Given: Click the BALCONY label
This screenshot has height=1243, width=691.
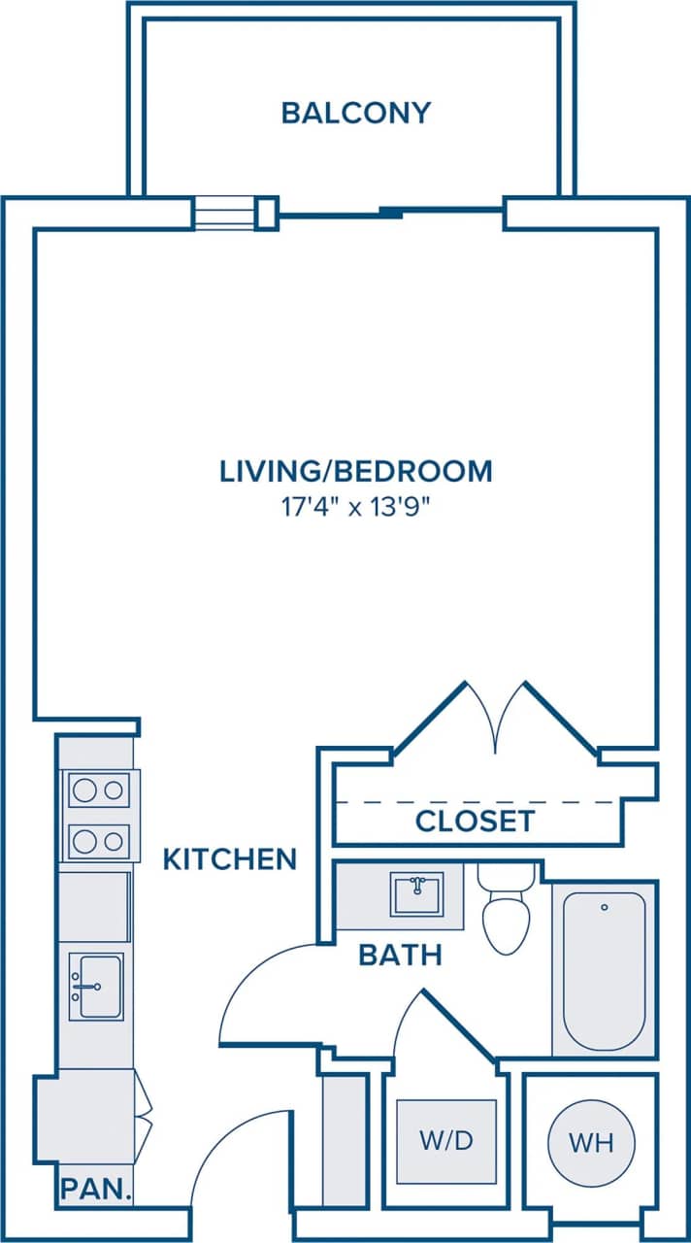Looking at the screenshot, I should pyautogui.click(x=355, y=113).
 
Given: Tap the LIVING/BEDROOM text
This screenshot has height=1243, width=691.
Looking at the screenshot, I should pyautogui.click(x=356, y=471).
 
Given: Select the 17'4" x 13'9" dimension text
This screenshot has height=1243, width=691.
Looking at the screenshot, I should pyautogui.click(x=356, y=508).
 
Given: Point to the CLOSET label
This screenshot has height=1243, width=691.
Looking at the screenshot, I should pyautogui.click(x=475, y=822).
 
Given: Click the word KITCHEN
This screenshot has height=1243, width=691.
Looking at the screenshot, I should pyautogui.click(x=229, y=859).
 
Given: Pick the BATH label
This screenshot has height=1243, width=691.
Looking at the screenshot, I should pyautogui.click(x=400, y=955).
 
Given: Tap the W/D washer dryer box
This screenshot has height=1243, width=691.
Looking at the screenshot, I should pyautogui.click(x=446, y=1141).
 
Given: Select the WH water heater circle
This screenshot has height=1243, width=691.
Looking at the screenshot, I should pyautogui.click(x=591, y=1143).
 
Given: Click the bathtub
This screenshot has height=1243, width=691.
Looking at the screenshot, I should pyautogui.click(x=604, y=971).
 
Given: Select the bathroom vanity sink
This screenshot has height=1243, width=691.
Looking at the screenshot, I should pyautogui.click(x=416, y=893).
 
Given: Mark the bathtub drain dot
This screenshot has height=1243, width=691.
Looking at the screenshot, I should pyautogui.click(x=604, y=908).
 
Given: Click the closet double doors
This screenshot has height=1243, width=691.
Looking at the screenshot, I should pyautogui.click(x=496, y=719).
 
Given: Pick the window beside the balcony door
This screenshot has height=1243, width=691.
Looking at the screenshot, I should pyautogui.click(x=224, y=213).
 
